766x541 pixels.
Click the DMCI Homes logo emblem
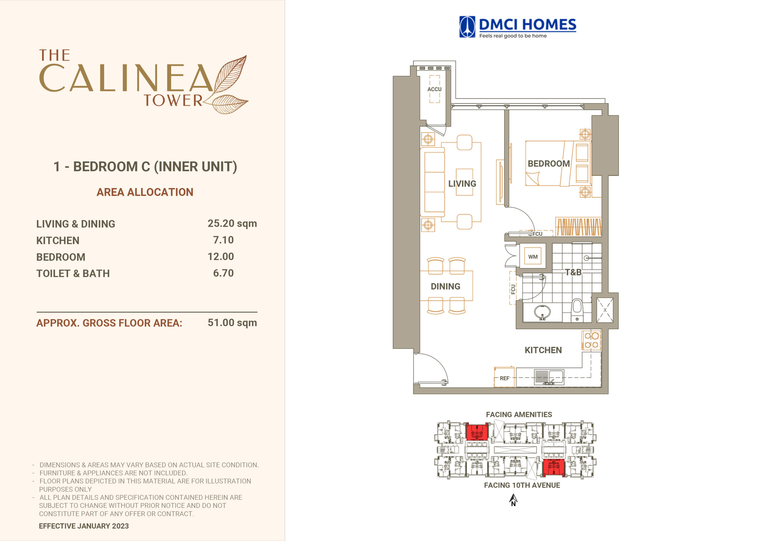click(x=467, y=27)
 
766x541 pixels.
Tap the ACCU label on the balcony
click(x=434, y=89)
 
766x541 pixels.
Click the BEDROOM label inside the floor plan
click(x=549, y=164)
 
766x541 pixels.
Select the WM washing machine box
click(x=533, y=257)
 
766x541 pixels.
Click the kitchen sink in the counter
click(x=549, y=377)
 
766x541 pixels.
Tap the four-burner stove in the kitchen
click(x=591, y=340)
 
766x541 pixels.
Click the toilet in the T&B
click(x=577, y=310)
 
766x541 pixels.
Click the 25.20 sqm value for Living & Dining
click(x=232, y=224)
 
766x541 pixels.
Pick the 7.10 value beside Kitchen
click(x=224, y=240)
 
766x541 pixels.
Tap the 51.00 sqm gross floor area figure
click(x=232, y=323)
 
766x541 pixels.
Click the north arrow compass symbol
click(x=513, y=500)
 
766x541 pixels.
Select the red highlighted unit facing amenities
click(x=477, y=432)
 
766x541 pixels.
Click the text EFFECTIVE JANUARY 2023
click(x=84, y=526)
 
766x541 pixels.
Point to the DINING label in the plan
click(x=446, y=286)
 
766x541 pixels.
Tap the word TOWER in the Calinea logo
click(x=173, y=100)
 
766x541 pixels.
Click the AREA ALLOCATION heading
click(x=145, y=192)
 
